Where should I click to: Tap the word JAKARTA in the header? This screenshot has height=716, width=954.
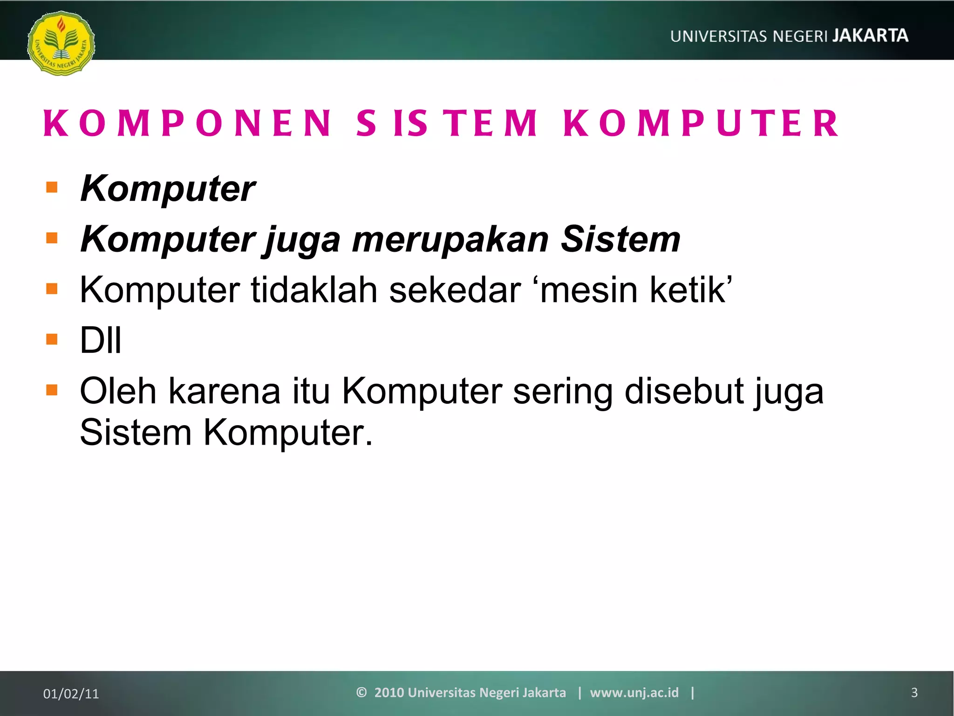tap(870, 36)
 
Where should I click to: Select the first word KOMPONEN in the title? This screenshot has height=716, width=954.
tap(187, 124)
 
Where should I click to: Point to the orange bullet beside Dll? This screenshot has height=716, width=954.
tap(52, 339)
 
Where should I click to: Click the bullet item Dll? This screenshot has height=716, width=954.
tap(101, 340)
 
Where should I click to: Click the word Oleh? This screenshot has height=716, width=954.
tap(118, 391)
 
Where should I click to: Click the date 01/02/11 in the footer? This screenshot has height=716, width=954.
tap(71, 694)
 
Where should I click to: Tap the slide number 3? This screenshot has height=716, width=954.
tap(914, 693)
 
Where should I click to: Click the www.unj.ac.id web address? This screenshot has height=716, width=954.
tap(634, 693)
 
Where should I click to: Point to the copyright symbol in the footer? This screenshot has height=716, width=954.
tap(361, 692)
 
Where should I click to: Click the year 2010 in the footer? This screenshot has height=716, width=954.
tap(389, 693)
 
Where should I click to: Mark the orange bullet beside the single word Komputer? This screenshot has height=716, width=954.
tap(52, 188)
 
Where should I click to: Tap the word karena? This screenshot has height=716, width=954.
tap(224, 391)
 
